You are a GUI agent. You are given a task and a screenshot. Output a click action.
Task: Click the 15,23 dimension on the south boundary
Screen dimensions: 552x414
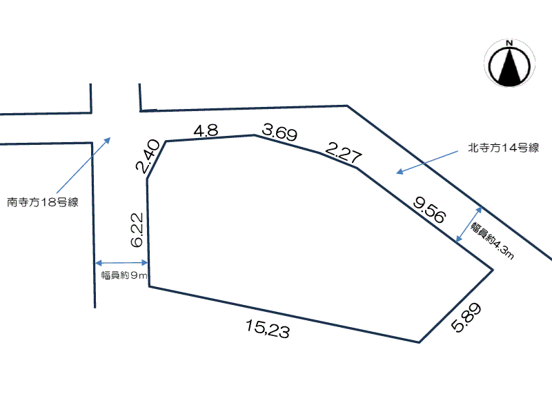click(x=268, y=329)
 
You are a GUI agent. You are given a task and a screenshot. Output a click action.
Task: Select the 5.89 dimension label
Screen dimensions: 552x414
click(x=466, y=317)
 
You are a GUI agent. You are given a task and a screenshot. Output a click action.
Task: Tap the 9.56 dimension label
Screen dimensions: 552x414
click(x=429, y=210)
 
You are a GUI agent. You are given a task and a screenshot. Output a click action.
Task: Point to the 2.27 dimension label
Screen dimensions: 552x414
click(x=343, y=152)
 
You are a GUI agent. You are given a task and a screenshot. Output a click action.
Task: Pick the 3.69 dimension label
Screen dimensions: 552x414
click(x=280, y=132)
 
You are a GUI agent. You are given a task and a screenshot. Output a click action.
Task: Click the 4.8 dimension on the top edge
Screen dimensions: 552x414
click(x=206, y=130)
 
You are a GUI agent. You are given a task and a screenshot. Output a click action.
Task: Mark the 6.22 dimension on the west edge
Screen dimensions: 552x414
click(x=137, y=230)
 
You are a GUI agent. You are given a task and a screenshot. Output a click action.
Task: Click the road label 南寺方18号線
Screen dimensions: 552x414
click(x=43, y=202)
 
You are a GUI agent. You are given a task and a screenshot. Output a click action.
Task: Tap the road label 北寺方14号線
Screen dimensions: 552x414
click(x=504, y=148)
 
